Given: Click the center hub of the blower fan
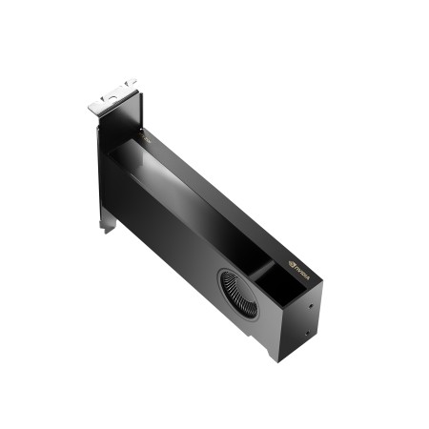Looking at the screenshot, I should [237, 288].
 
